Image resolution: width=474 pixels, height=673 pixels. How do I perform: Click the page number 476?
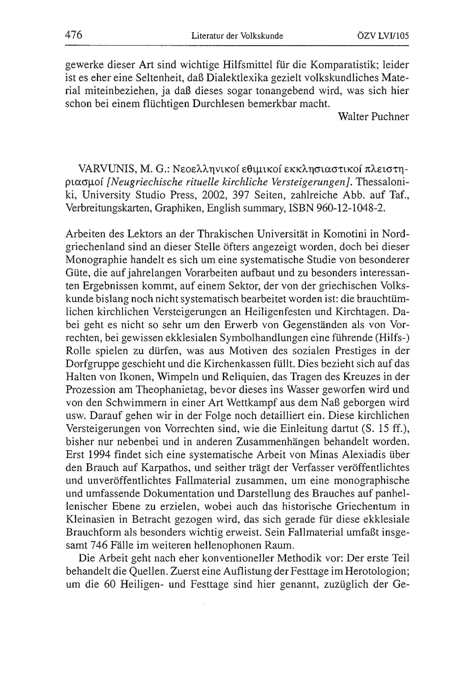pos(73,35)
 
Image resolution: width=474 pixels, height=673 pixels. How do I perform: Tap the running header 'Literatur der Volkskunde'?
pos(237,36)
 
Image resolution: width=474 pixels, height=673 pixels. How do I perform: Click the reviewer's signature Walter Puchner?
pos(373,117)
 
